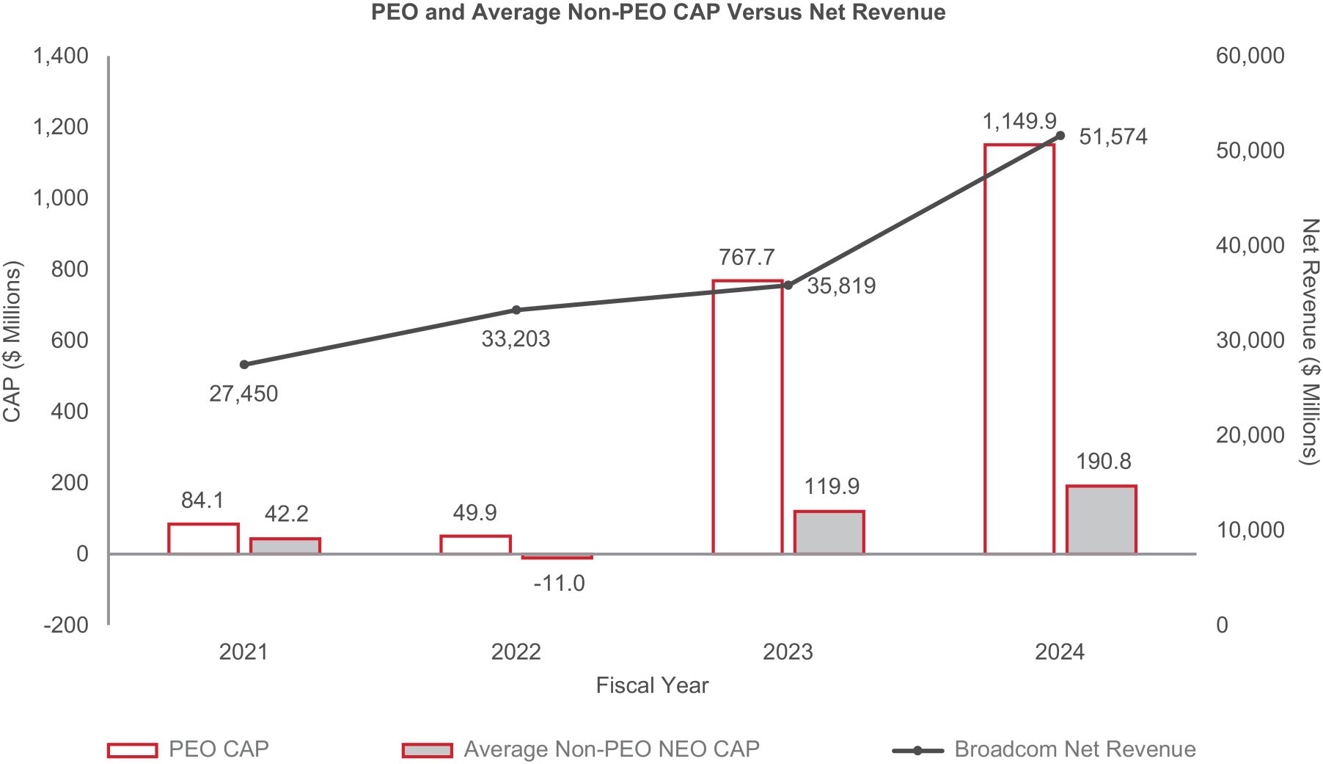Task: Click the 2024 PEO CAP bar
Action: point(1019,349)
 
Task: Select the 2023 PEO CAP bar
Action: point(747,416)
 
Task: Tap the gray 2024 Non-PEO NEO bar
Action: point(1101,520)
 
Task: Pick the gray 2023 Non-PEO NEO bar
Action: point(829,532)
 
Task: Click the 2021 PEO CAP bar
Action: point(203,539)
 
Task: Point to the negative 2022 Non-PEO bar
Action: point(557,557)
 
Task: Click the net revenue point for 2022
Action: point(516,310)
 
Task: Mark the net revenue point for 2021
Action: point(244,365)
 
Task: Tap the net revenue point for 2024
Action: point(1060,136)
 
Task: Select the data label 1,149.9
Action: point(1019,121)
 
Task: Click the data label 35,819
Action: point(841,285)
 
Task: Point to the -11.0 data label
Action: point(559,583)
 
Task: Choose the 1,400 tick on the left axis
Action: point(60,56)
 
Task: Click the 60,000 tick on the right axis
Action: point(1250,56)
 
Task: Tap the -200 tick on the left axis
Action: point(66,625)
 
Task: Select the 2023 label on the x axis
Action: point(788,652)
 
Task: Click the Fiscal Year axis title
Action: point(652,685)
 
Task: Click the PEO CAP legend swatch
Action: point(133,750)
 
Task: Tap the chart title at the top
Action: point(658,12)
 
